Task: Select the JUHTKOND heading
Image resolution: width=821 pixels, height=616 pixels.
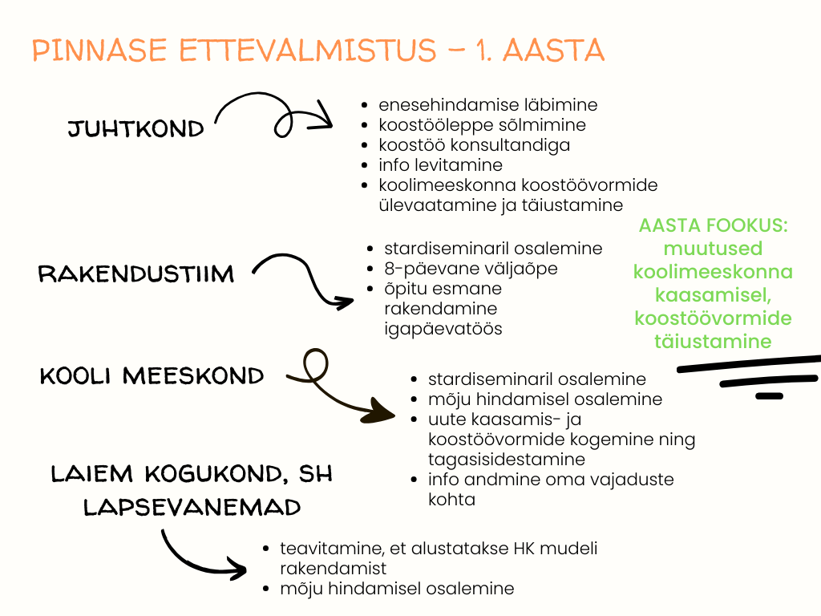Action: (135, 129)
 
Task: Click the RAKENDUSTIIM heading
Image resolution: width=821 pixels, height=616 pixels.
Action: (136, 274)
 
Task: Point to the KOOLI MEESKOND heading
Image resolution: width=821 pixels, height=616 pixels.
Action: (152, 375)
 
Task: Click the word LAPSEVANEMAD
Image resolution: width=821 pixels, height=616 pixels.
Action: (192, 507)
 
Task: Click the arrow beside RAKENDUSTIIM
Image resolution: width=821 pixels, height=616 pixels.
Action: (305, 281)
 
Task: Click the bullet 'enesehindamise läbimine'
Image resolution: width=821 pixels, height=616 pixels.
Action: (488, 105)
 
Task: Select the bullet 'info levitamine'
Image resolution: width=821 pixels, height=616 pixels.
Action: (441, 165)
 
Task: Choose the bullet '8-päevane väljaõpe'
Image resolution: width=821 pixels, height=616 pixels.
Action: (471, 269)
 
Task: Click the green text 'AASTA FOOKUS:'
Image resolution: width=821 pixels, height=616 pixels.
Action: (714, 226)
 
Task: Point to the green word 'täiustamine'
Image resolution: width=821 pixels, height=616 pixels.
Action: (713, 342)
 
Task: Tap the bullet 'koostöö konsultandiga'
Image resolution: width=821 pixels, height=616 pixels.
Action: (475, 145)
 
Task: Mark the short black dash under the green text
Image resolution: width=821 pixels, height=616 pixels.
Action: (769, 395)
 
